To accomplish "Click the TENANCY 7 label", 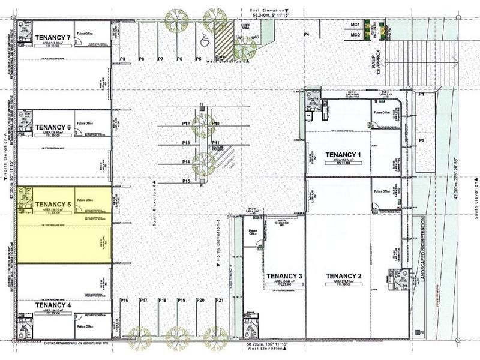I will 53,37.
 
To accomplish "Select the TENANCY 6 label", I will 53,127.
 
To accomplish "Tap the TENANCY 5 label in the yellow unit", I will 53,204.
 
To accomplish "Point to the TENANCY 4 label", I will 53,305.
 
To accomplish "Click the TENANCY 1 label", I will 343,155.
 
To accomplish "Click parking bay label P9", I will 122,59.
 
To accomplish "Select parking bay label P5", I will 198,59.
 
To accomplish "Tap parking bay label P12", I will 187,124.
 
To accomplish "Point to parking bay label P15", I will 187,181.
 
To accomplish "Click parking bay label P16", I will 124,299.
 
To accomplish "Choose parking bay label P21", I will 220,299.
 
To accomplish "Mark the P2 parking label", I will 422,140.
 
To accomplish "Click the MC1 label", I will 355,25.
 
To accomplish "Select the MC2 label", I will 355,35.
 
